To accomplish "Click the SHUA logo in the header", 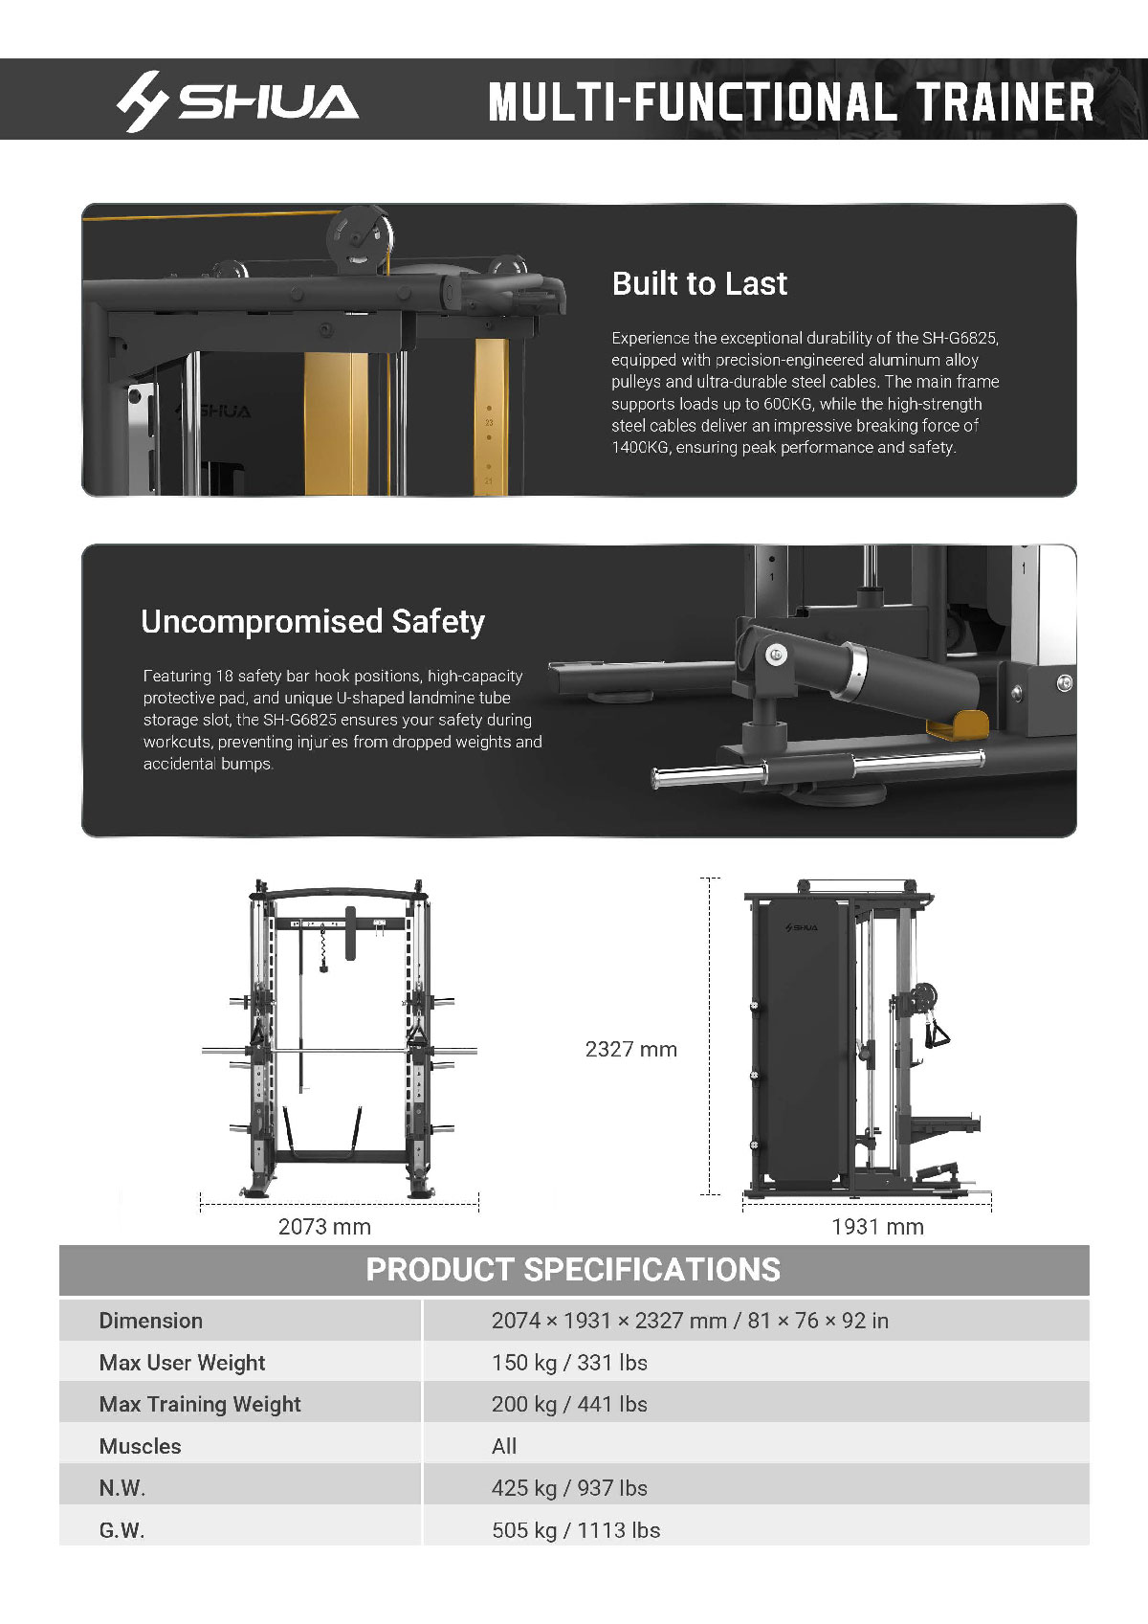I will pyautogui.click(x=237, y=100).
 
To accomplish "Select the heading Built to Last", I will pyautogui.click(x=699, y=283).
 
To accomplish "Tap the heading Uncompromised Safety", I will pyautogui.click(x=313, y=621).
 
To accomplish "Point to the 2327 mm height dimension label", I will pyautogui.click(x=630, y=1049).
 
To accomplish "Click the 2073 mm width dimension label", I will pyautogui.click(x=324, y=1226).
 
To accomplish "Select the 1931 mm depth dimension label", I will pyautogui.click(x=877, y=1226).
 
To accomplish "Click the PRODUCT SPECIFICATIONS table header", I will pyautogui.click(x=573, y=1269).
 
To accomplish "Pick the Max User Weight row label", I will pyautogui.click(x=182, y=1362).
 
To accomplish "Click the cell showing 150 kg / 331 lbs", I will pyautogui.click(x=569, y=1362).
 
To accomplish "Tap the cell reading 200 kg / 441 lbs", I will pyautogui.click(x=569, y=1404).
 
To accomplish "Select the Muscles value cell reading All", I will pyautogui.click(x=504, y=1446).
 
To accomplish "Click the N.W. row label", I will pyautogui.click(x=122, y=1488).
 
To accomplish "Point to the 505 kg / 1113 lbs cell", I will pyautogui.click(x=575, y=1530).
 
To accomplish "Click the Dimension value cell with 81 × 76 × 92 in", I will pyautogui.click(x=689, y=1321).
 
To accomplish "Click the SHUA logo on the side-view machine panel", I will pyautogui.click(x=802, y=927).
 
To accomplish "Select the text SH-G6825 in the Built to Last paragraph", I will pyautogui.click(x=960, y=338).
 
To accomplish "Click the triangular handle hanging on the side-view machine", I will pyautogui.click(x=938, y=1034).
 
